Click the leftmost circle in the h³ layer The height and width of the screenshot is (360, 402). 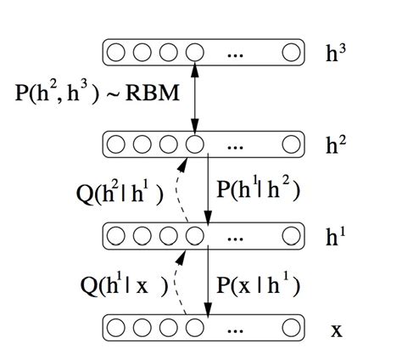[x=117, y=53]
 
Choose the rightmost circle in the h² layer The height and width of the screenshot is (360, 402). [x=292, y=144]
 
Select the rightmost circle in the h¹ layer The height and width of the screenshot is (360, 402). [x=292, y=235]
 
